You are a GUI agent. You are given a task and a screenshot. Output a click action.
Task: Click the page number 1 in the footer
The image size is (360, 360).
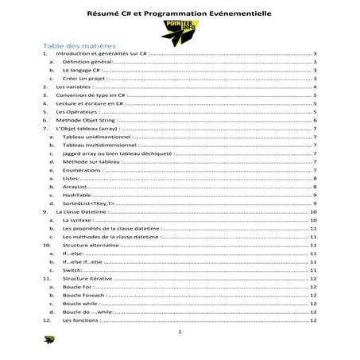181,332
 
